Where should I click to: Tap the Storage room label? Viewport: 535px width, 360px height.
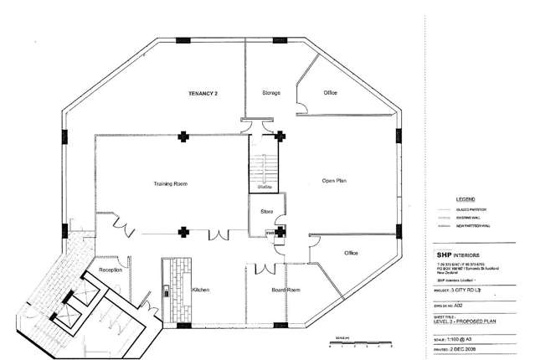[x=270, y=92]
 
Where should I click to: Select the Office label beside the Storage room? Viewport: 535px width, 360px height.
[x=330, y=92]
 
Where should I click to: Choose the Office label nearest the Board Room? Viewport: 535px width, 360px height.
[x=352, y=253]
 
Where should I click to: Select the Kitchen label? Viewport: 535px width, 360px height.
[x=200, y=289]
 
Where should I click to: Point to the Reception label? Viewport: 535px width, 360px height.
[x=111, y=270]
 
